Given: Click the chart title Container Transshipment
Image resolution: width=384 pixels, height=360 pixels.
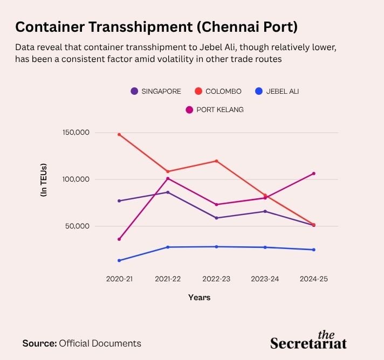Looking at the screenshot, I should click(156, 26).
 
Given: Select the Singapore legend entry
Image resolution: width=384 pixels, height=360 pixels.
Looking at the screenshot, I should click(156, 91).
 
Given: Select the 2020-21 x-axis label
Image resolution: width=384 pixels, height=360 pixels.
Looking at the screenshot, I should click(119, 279).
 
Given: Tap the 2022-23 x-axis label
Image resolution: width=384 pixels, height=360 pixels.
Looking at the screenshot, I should click(216, 279).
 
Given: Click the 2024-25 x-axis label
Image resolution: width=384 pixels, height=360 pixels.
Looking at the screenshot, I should click(313, 279).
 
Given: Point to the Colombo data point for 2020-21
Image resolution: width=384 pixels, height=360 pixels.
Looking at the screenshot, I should click(119, 134).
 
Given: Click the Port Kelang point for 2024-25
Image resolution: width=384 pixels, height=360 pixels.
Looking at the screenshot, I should click(313, 174).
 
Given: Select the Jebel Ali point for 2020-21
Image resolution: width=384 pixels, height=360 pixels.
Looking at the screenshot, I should click(119, 260).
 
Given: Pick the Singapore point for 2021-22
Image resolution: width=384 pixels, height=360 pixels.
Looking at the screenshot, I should click(168, 192).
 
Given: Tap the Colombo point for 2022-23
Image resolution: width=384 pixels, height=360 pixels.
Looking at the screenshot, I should click(216, 161).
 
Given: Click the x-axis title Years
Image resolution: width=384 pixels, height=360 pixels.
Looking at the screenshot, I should click(200, 297).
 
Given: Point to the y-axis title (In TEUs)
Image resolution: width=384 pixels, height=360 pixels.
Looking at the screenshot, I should click(44, 179).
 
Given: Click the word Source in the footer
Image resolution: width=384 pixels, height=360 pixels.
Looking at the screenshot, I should click(39, 343).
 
